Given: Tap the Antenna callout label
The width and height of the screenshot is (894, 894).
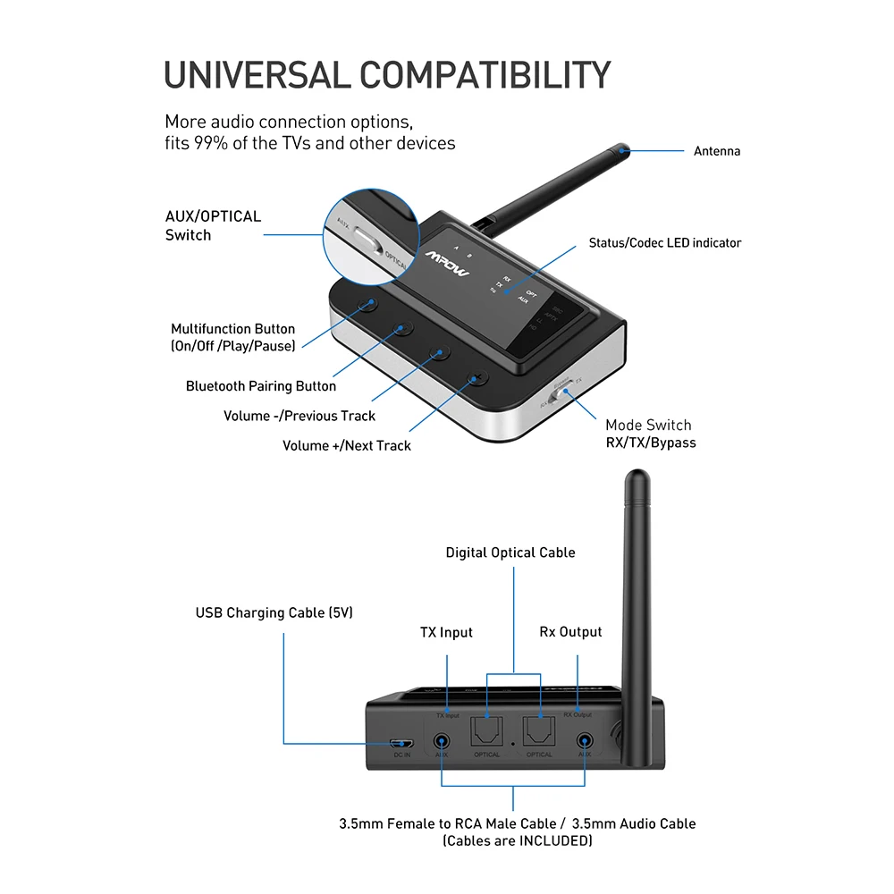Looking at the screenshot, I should pos(717,151).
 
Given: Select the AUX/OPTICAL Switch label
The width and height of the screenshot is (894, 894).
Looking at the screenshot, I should pos(213,225).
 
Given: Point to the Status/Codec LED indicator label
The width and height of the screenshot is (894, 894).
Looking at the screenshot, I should pos(664,243).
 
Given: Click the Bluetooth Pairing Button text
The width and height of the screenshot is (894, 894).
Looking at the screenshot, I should pos(261,386).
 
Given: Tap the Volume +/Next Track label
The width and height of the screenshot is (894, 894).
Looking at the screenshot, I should pos(347,445).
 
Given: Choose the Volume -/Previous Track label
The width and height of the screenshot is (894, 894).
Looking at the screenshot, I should pos(299,416).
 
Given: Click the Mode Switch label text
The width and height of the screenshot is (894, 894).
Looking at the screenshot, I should pos(648,426).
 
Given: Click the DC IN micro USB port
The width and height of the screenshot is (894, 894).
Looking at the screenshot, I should pos(401,743).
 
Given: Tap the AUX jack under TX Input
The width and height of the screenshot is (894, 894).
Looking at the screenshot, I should pos(442,741).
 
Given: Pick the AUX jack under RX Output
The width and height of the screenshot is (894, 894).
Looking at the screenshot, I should pos(585,741).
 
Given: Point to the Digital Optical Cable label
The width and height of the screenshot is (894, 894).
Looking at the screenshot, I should pos(510,552).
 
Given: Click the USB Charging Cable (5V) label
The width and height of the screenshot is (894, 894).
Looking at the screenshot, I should pos(274,613).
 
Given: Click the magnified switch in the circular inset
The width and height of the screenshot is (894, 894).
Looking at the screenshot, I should pos(365,239).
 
